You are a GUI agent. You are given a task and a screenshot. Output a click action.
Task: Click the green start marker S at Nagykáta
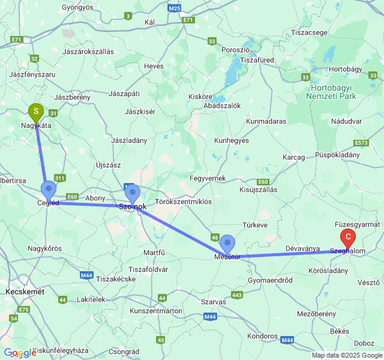pos(36,112)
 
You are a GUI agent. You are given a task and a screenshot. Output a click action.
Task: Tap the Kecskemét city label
pos(25,291)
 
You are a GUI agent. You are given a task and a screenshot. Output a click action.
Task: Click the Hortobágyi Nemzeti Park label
pos(331,92)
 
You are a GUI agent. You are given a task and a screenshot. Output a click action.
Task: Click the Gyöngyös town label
pos(79,8)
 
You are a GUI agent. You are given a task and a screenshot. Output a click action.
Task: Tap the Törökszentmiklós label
pos(183,202)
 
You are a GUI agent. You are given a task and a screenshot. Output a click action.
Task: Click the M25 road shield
pos(175,8)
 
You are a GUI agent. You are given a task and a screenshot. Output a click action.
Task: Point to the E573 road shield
pos(361,143)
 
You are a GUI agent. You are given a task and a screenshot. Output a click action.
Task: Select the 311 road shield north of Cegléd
pos(60,178)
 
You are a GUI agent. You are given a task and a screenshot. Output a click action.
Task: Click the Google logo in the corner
pos(20,353)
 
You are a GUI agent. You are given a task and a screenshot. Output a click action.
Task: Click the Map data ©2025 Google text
pos(346,355)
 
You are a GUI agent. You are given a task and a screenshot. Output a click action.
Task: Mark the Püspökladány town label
pos(337,154)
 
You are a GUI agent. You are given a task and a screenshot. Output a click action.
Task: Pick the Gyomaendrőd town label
pos(269,280)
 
